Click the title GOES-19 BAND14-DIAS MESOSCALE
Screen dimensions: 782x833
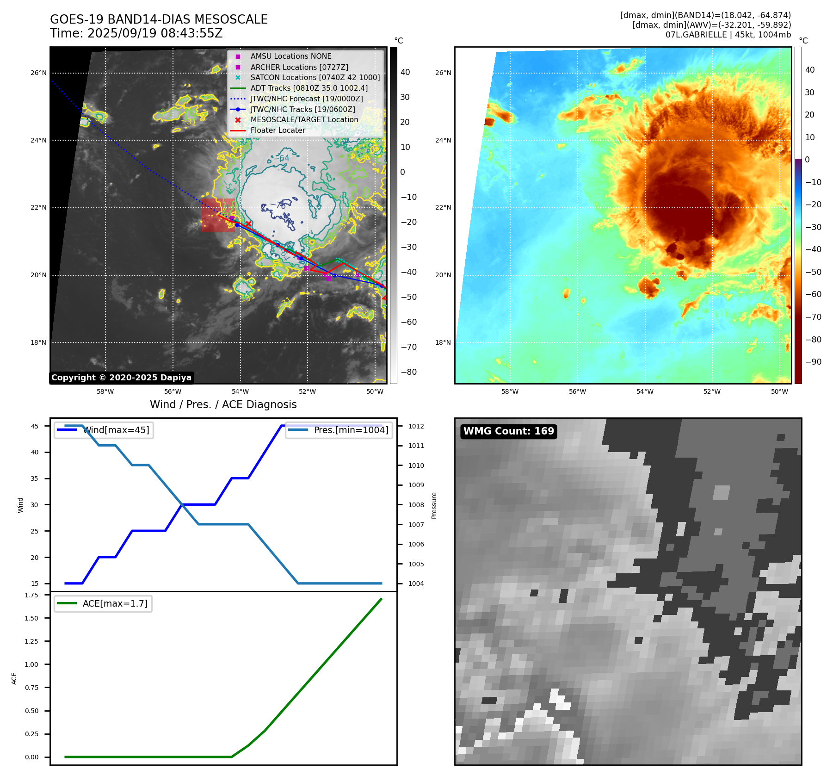click(x=159, y=19)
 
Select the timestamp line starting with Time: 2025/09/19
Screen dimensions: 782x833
click(x=136, y=33)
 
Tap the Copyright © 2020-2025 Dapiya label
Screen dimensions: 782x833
click(x=121, y=378)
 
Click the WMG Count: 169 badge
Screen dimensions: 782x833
click(x=508, y=431)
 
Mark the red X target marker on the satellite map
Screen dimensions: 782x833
click(x=248, y=224)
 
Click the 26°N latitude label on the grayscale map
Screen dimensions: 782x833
click(x=38, y=73)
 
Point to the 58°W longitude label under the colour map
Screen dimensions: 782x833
click(x=510, y=391)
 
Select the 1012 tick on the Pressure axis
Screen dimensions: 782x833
click(x=416, y=426)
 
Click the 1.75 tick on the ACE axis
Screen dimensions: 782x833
click(x=31, y=595)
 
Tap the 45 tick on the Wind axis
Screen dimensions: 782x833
click(x=35, y=426)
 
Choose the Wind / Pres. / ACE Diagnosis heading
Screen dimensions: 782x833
click(x=223, y=404)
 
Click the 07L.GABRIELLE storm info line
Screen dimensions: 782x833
click(x=728, y=35)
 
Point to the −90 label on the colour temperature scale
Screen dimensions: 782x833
click(x=813, y=362)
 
